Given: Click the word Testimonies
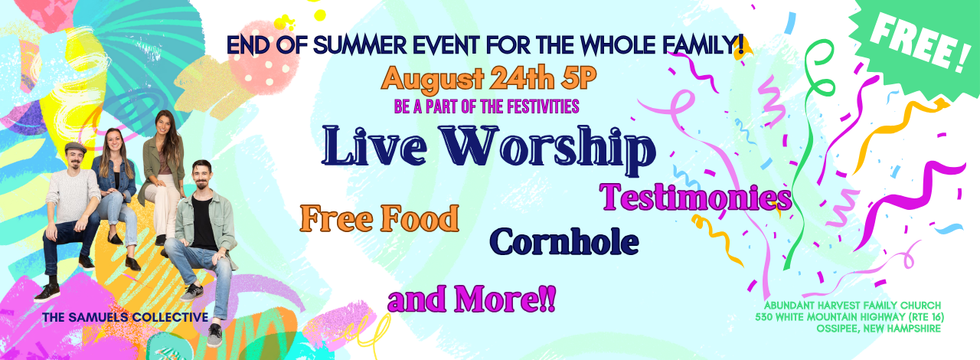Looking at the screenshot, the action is pos(696,198).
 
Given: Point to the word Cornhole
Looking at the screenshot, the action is pos(564,241).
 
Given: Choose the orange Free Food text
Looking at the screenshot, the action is pos(379,218).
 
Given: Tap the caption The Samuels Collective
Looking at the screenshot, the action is pos(125,316).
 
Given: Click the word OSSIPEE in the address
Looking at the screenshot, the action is pos(836,329).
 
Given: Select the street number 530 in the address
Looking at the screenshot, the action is pos(764,317).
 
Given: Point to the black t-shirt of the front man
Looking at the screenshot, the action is pos(204,224).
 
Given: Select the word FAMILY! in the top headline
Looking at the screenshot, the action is pos(703,45).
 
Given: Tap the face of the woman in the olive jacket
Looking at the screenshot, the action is pos(163,123).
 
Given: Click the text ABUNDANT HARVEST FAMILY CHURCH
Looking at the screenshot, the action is pos(853,306).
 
